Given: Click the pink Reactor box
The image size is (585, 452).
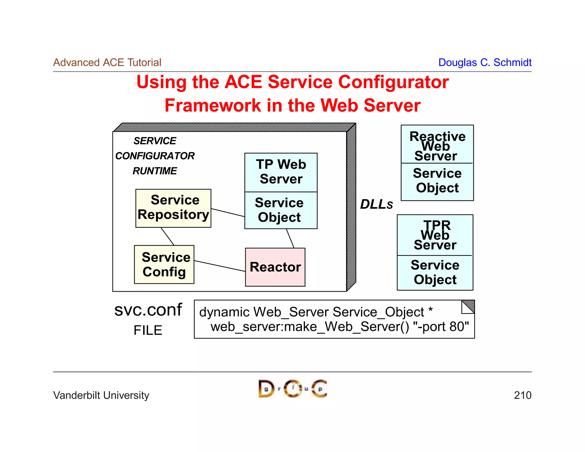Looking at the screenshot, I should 275,267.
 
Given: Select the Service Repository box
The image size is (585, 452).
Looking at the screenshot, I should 173,208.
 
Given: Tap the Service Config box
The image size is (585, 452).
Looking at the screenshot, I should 164,264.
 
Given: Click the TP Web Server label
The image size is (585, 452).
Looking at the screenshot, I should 281,172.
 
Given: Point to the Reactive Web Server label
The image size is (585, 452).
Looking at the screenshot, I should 437,146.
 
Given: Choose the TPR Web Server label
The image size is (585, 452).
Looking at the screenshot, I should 435,235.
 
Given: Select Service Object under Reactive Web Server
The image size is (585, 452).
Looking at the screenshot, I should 437,181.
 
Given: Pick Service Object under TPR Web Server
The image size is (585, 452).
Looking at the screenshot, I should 435,272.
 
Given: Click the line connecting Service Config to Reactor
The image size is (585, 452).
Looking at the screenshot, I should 219,266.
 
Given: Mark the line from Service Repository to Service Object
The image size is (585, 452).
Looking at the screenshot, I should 228,213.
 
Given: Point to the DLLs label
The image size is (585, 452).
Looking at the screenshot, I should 376,204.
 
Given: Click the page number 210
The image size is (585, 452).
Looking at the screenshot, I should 522,395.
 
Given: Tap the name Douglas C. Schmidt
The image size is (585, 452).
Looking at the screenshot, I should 485,62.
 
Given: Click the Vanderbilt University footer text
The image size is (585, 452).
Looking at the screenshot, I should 101,395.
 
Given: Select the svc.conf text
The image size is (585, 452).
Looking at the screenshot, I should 148,310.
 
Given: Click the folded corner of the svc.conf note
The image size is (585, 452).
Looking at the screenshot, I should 469,306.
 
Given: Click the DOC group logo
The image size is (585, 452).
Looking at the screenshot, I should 292,389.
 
